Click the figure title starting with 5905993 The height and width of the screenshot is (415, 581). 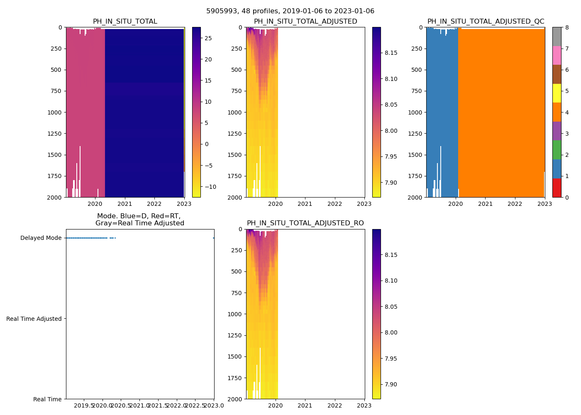tap(290, 11)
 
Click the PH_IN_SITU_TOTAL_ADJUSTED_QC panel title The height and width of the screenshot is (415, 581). tap(486, 22)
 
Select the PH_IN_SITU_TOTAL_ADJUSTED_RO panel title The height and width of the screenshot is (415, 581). tap(305, 223)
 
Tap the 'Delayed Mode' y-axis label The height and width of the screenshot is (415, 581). tap(41, 238)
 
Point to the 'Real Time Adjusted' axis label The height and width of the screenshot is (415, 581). tap(34, 319)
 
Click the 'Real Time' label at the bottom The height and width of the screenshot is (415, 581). tap(47, 399)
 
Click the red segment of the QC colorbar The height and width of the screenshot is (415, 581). tap(557, 188)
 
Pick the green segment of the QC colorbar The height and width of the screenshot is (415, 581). tap(557, 150)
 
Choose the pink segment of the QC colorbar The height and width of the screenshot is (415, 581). tap(557, 55)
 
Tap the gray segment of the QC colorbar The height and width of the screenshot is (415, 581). tap(557, 37)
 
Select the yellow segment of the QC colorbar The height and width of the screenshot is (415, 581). tap(557, 93)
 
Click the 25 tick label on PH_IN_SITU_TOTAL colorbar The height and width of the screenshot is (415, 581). tap(208, 38)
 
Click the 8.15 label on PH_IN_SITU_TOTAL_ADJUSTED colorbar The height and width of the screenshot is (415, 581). tap(391, 53)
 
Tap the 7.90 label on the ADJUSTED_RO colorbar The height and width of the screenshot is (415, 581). tap(391, 384)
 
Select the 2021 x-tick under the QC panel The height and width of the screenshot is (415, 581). tap(485, 204)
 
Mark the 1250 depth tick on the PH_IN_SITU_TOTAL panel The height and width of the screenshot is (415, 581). tap(54, 134)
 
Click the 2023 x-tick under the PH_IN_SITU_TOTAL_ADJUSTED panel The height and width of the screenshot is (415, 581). tap(364, 204)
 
